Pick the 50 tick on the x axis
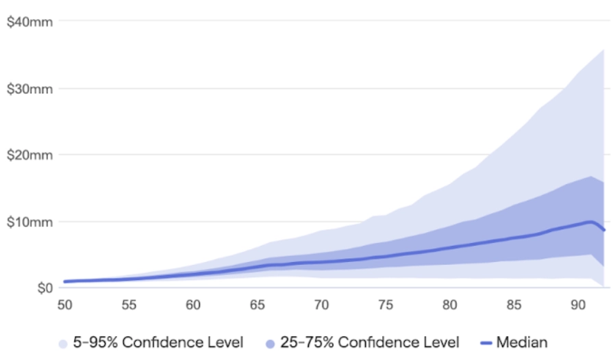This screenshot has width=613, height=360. pyautogui.click(x=65, y=305)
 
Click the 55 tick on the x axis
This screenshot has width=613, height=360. pyautogui.click(x=129, y=305)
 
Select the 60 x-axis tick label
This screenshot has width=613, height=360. pyautogui.click(x=193, y=305)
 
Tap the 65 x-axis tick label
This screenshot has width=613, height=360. pyautogui.click(x=258, y=305)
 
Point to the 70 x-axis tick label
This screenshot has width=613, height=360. pyautogui.click(x=321, y=305)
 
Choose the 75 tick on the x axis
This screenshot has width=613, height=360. pyautogui.click(x=386, y=305)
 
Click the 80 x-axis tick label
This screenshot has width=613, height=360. pyautogui.click(x=449, y=305)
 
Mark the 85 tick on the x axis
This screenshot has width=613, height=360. pyautogui.click(x=514, y=305)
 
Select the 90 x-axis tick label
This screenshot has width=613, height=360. pyautogui.click(x=577, y=305)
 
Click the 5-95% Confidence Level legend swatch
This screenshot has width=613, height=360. pyautogui.click(x=64, y=342)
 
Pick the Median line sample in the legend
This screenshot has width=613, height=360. pyautogui.click(x=485, y=342)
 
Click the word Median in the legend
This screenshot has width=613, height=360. pyautogui.click(x=522, y=342)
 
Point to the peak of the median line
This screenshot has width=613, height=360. pyautogui.click(x=590, y=222)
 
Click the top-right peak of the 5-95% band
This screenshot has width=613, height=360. pyautogui.click(x=603, y=50)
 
